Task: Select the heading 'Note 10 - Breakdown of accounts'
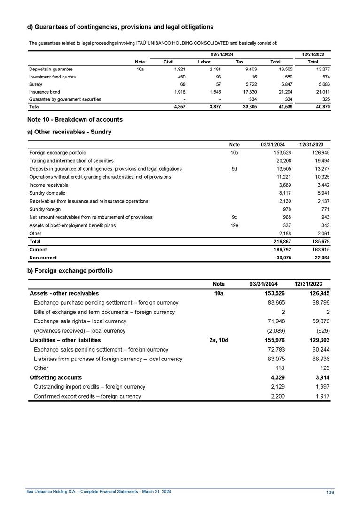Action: [x=75, y=119]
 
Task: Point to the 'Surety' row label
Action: [x=36, y=84]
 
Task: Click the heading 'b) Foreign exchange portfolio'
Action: [x=70, y=271]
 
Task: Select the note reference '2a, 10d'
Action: [x=218, y=340]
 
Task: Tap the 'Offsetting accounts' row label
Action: [x=55, y=377]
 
